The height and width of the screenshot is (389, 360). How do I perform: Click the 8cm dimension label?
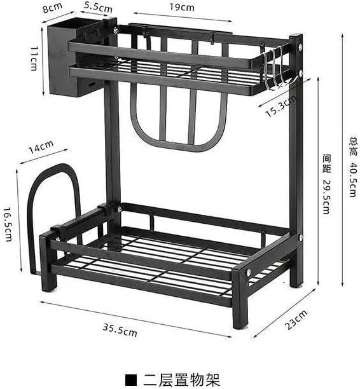(52, 8)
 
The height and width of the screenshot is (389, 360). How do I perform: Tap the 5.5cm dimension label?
(98, 7)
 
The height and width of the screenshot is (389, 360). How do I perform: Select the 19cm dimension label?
(182, 7)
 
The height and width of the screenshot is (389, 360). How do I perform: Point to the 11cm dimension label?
(34, 58)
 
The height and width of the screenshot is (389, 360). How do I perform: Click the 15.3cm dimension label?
(280, 106)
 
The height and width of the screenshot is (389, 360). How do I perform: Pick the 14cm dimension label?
(41, 147)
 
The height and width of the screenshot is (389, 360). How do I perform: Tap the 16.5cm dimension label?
(8, 224)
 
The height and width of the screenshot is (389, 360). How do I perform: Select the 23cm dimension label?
(296, 320)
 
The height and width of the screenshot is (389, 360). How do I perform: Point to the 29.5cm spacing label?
(327, 184)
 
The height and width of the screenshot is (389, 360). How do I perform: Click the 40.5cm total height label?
(353, 167)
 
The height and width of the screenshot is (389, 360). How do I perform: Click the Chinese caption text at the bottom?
(181, 379)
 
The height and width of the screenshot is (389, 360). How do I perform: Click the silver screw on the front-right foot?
(248, 273)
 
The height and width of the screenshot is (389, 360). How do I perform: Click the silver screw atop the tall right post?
(300, 46)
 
